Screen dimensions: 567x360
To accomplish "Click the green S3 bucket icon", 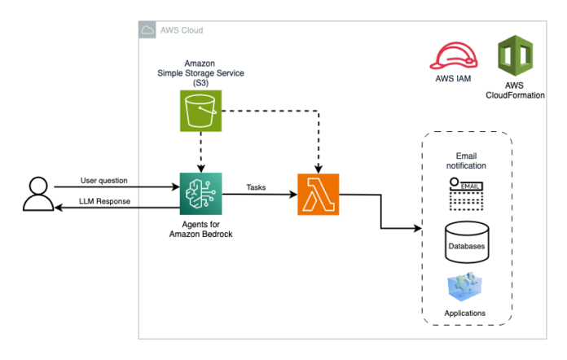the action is click(x=200, y=111).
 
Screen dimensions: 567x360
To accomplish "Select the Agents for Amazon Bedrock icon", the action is click(x=200, y=194).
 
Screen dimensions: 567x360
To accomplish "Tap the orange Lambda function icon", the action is click(x=319, y=195).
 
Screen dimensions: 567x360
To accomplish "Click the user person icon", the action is click(x=38, y=194).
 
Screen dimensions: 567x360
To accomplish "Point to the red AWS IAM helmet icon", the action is click(x=454, y=56).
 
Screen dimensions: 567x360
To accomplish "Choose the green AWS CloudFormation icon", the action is click(x=515, y=55).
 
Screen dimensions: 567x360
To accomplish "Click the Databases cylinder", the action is click(x=467, y=242).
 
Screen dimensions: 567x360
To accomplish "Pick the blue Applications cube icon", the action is click(x=464, y=287).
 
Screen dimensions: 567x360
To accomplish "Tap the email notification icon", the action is click(x=466, y=194).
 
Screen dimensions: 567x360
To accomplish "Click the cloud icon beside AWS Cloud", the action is click(x=147, y=30).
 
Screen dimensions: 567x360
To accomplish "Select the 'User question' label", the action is click(x=103, y=180).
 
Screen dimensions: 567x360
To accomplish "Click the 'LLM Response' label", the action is click(x=104, y=201).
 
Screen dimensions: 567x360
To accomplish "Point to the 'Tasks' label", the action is click(x=256, y=187).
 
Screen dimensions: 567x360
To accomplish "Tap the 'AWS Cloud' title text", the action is click(x=182, y=30).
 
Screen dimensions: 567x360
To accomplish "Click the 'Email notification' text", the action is click(x=466, y=160).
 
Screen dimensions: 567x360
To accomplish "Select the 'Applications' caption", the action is click(x=464, y=313).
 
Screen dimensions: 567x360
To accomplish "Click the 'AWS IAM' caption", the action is click(x=453, y=78).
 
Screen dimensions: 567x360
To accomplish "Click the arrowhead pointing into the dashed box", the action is click(x=418, y=228).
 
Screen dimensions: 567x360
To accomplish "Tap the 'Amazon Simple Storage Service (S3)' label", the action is click(x=200, y=73).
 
